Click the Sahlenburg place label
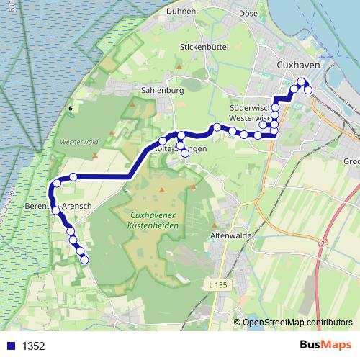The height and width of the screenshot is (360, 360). (x=163, y=91)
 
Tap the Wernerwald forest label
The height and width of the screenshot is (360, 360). (x=79, y=142)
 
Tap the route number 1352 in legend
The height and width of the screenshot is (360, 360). (x=34, y=346)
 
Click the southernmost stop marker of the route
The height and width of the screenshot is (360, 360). (x=85, y=260)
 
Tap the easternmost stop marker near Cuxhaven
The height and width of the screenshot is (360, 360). (x=308, y=90)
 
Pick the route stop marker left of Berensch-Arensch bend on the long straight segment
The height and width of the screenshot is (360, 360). (x=73, y=176)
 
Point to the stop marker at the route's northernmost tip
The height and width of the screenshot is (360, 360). (x=302, y=81)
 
